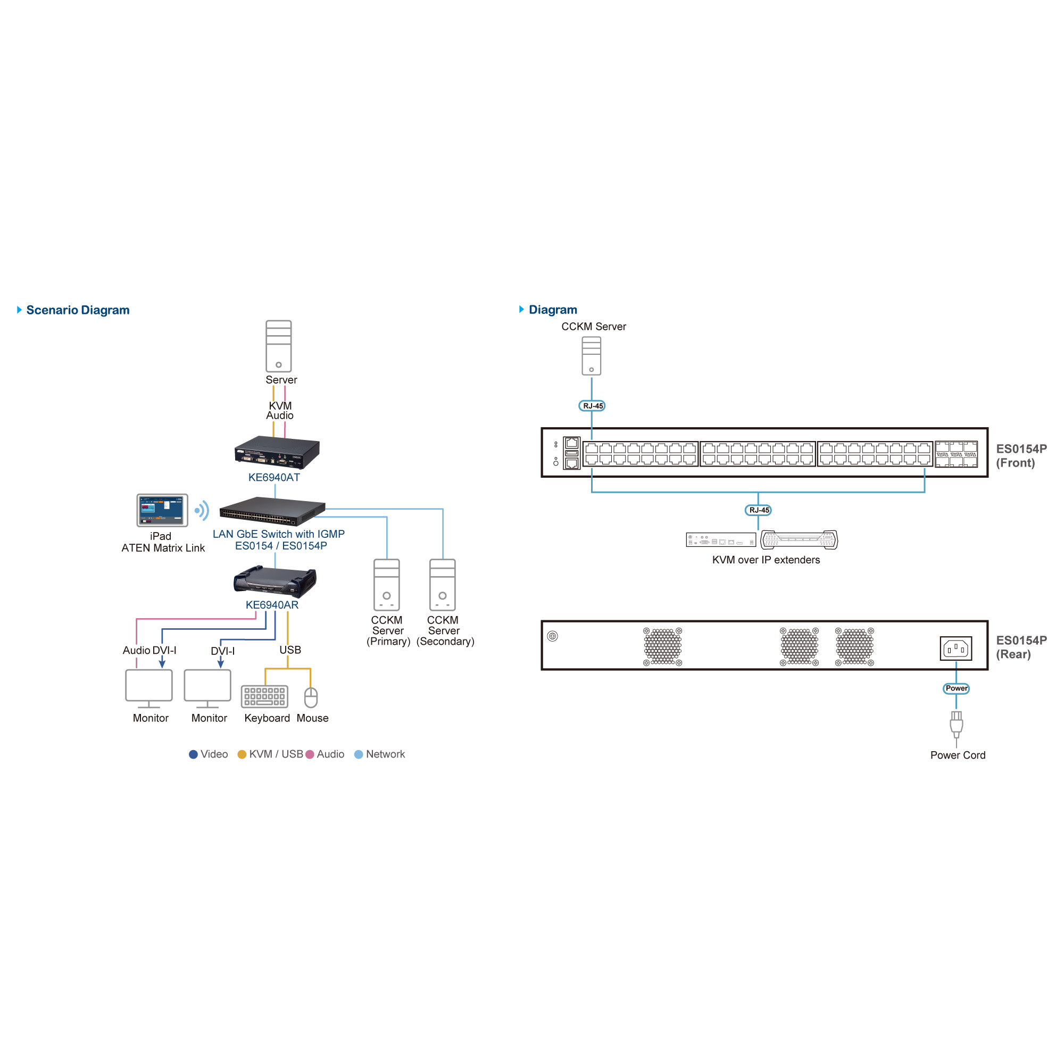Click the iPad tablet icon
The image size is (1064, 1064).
pyautogui.click(x=162, y=510)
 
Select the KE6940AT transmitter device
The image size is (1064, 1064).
pyautogui.click(x=277, y=452)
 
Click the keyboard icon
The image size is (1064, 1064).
pyautogui.click(x=264, y=697)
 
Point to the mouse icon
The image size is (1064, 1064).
pyautogui.click(x=311, y=697)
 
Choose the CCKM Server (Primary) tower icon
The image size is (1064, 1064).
pyautogui.click(x=387, y=585)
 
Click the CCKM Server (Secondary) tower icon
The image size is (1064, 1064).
pyautogui.click(x=442, y=585)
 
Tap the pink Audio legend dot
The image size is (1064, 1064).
pyautogui.click(x=310, y=754)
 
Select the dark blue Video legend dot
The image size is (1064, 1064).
pyautogui.click(x=193, y=754)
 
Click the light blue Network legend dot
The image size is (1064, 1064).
pyautogui.click(x=359, y=754)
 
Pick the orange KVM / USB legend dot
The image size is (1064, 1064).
pyautogui.click(x=242, y=754)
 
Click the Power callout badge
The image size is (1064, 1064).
pyautogui.click(x=956, y=688)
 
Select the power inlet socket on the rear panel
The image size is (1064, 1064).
pyautogui.click(x=955, y=648)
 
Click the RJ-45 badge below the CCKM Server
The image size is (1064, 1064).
pyautogui.click(x=592, y=406)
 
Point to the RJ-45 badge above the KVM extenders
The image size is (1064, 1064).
pyautogui.click(x=758, y=510)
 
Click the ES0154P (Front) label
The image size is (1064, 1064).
pyautogui.click(x=1021, y=456)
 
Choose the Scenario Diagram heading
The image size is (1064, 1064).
pyautogui.click(x=78, y=310)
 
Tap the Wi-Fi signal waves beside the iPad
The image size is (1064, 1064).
pyautogui.click(x=202, y=511)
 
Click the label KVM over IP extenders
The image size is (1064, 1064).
pyautogui.click(x=766, y=560)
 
